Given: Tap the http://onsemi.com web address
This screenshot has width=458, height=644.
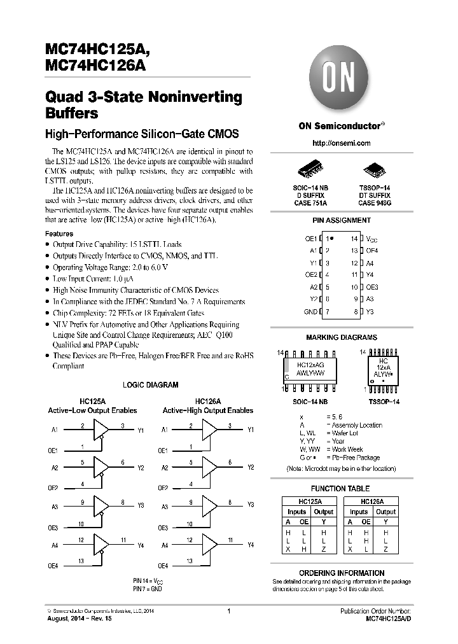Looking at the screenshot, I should pyautogui.click(x=342, y=143).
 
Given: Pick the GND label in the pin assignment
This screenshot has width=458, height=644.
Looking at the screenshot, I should pyautogui.click(x=310, y=312).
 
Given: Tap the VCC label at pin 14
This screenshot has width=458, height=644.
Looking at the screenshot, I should pyautogui.click(x=371, y=239).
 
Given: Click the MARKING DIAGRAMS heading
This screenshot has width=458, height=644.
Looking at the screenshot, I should pyautogui.click(x=341, y=337).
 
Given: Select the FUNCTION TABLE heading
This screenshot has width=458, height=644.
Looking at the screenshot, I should pyautogui.click(x=341, y=488).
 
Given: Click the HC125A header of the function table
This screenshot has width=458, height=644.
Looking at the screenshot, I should pyautogui.click(x=310, y=501).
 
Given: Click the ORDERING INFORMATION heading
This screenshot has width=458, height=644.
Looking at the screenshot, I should pyautogui.click(x=341, y=573).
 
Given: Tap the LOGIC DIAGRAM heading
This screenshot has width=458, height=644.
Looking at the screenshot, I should pyautogui.click(x=150, y=385).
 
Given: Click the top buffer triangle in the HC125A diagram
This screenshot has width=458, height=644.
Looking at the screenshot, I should pyautogui.click(x=101, y=431).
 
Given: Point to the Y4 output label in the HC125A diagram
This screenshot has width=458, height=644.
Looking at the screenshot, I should pyautogui.click(x=140, y=545).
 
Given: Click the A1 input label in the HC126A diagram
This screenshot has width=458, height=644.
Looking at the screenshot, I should pyautogui.click(x=165, y=430).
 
